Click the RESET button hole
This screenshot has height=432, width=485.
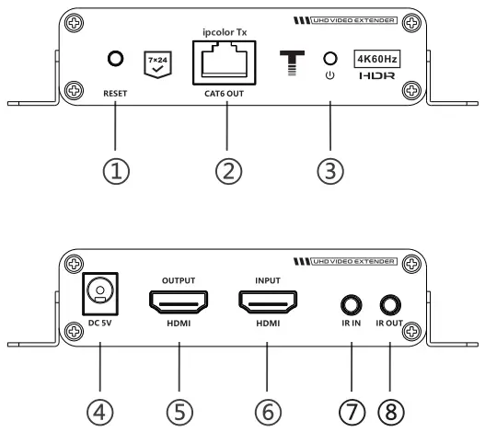[x=115, y=58]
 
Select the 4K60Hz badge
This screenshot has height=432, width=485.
[x=377, y=58]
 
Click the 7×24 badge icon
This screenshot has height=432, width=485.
[x=158, y=62]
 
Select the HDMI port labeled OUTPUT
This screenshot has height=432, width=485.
[x=179, y=300]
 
